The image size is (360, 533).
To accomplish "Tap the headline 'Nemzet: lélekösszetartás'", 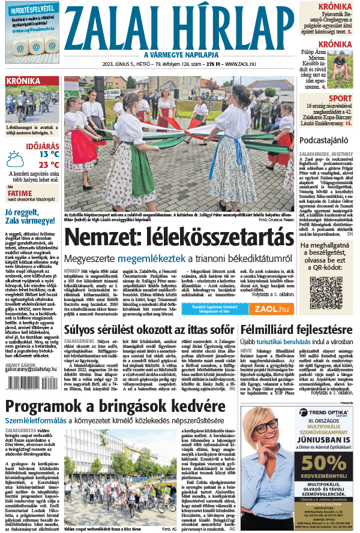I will point(179,238).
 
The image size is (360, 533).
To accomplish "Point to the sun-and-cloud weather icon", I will point(14,158).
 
